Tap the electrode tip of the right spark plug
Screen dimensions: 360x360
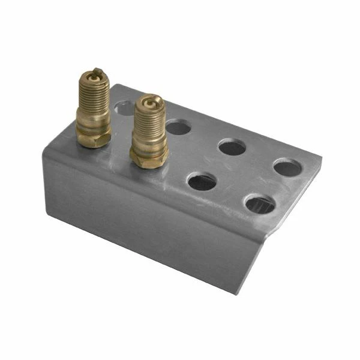pos(149,100)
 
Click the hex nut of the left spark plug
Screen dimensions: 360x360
pos(94,137)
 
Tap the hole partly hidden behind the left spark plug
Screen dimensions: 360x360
pos(123,108)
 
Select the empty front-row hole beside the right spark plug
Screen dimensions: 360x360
pos(202,181)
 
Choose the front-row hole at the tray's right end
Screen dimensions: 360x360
pos(260,205)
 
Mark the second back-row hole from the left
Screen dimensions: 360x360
pos(178,127)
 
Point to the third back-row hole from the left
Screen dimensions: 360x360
pos(232,147)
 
